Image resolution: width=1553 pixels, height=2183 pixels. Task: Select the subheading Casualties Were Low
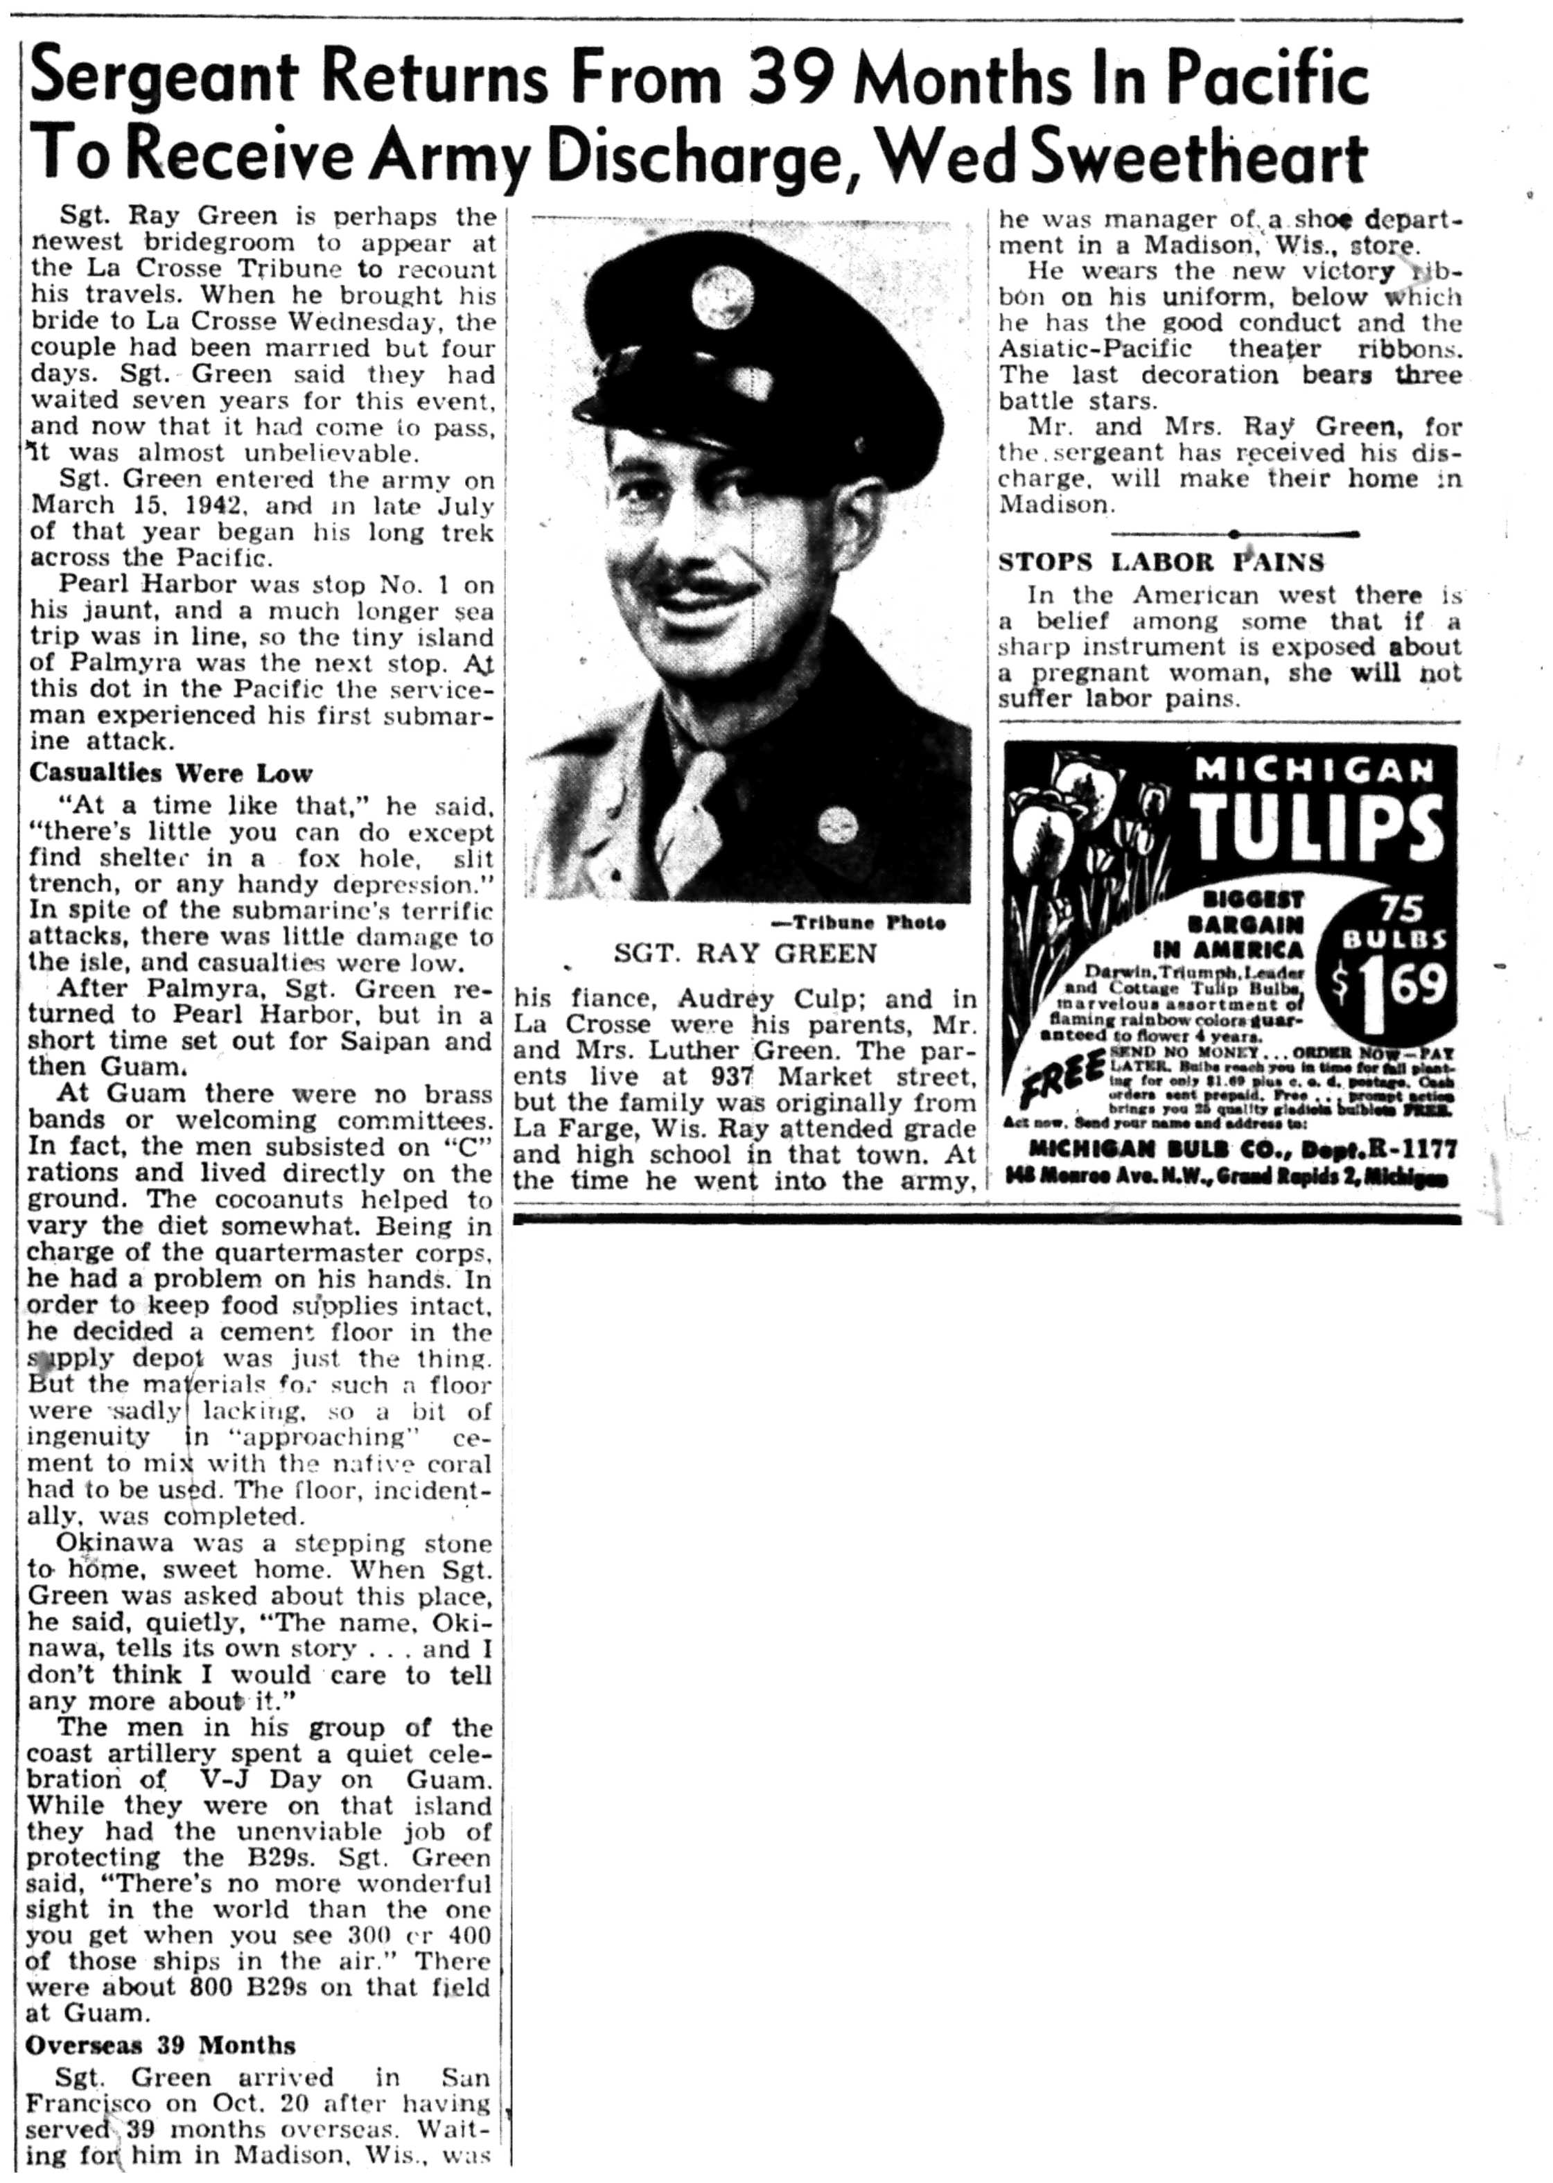(171, 771)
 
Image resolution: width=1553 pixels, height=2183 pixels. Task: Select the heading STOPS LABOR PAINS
(1161, 561)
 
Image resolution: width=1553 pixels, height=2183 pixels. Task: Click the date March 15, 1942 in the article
(119, 506)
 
